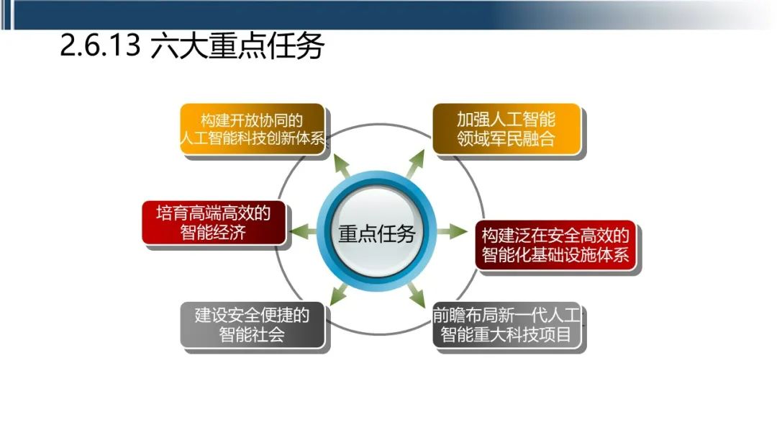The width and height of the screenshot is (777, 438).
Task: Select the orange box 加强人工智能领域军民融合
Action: click(506, 128)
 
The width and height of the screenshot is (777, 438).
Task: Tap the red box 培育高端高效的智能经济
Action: click(213, 223)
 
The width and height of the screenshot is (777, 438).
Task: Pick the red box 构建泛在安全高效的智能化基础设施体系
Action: click(555, 245)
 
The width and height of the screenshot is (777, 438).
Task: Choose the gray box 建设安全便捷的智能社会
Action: click(252, 326)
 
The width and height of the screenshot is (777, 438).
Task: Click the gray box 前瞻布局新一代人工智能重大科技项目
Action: click(507, 326)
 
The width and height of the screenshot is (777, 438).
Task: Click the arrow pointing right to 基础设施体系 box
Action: click(453, 232)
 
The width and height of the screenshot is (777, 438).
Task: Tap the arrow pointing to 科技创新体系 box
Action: click(342, 164)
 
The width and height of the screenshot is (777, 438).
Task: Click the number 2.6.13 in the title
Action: click(99, 48)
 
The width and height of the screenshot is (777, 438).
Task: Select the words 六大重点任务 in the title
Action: click(237, 48)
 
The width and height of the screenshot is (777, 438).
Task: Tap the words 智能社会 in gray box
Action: click(252, 335)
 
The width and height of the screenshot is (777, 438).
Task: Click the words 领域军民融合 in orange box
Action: click(506, 138)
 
